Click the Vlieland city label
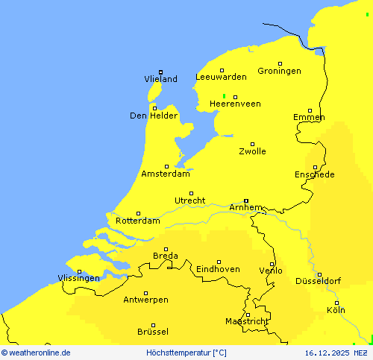(160, 79)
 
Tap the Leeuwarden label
(221, 77)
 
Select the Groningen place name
(279, 71)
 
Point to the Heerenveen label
(235, 104)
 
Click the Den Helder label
(154, 116)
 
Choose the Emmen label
(309, 118)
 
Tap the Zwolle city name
(252, 151)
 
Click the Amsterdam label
(165, 174)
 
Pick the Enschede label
(315, 174)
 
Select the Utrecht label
(189, 200)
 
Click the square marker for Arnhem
(245, 200)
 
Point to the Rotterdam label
(138, 221)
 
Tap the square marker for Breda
(166, 249)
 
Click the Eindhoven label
(218, 269)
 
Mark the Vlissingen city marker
(79, 271)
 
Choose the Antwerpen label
(145, 300)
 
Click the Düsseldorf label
(318, 281)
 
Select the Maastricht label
(247, 321)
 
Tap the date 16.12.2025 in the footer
(327, 353)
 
